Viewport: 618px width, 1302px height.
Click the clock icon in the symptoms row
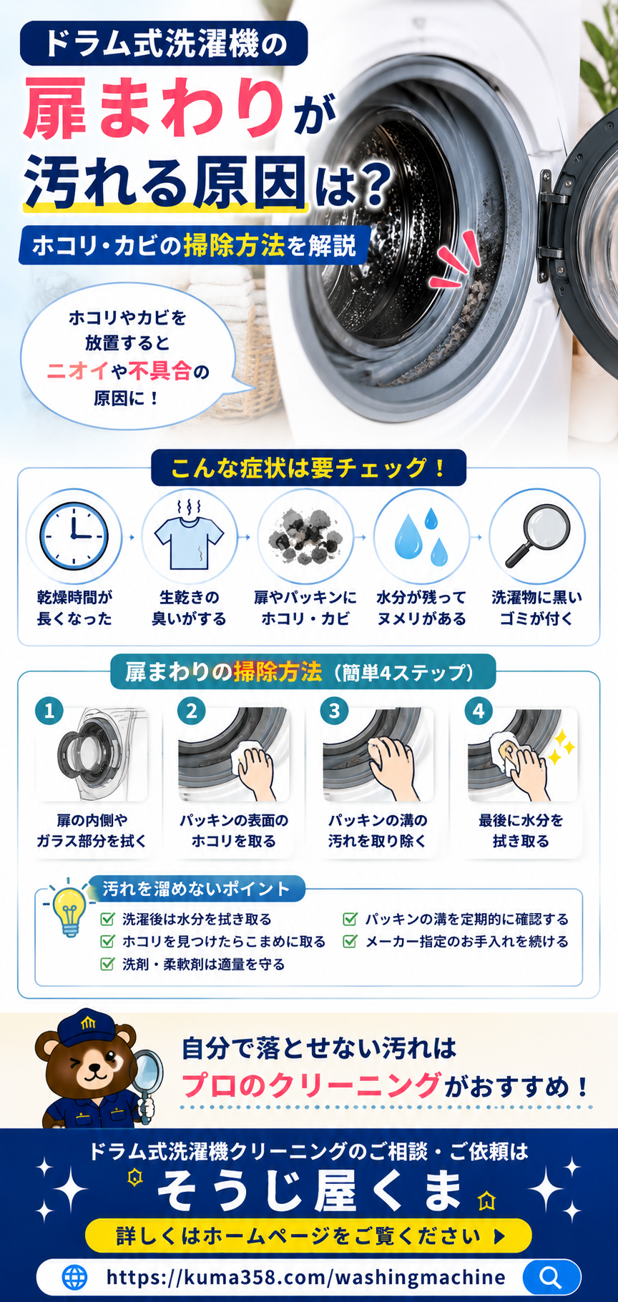pos(74,536)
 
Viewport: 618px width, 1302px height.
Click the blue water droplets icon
pos(421,536)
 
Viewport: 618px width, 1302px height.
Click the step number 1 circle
pos(49,711)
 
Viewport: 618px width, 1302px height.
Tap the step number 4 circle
pos(479,711)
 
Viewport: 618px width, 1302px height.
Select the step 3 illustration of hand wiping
pos(378,755)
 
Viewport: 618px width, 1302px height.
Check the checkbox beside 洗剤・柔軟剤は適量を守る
pos(107,964)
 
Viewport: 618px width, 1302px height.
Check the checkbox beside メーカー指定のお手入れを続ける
pos(350,941)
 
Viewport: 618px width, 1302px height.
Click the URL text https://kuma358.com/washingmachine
pos(305,1277)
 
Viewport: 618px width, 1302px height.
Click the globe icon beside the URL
pos(74,1277)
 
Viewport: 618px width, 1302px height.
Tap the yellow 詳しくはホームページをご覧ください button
pos(308,1236)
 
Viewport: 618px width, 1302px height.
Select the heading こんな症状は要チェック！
pos(308,468)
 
